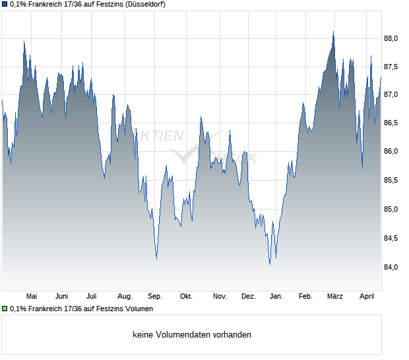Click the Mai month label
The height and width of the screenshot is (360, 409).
(x=31, y=297)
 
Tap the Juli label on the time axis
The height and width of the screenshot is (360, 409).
(x=92, y=297)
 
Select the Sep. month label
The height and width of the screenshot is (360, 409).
(x=155, y=297)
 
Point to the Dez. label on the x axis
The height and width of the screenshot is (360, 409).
(x=248, y=297)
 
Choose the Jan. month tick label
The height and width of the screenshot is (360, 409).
(x=276, y=297)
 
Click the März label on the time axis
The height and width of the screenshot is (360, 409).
(x=335, y=297)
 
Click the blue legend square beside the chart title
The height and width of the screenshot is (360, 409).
(x=5, y=4)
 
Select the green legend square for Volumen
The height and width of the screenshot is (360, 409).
(x=5, y=309)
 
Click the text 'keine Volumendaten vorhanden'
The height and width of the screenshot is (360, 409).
(x=192, y=335)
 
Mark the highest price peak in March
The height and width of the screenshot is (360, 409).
(x=334, y=32)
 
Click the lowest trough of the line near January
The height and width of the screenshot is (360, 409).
(x=270, y=264)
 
